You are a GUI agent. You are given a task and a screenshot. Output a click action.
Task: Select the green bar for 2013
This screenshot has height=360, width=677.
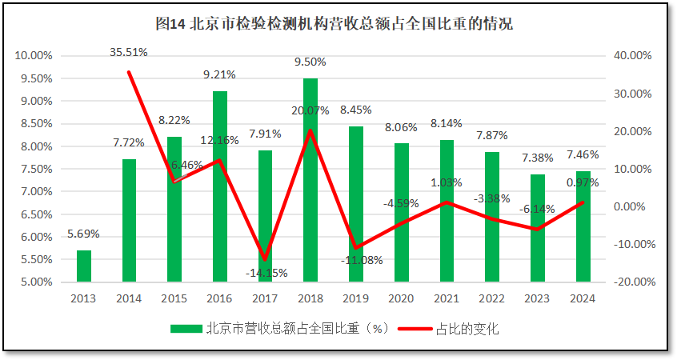(x=83, y=266)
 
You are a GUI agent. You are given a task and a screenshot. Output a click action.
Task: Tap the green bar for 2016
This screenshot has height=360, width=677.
(x=219, y=186)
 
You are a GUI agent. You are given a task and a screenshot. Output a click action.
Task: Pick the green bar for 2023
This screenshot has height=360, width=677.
(x=537, y=228)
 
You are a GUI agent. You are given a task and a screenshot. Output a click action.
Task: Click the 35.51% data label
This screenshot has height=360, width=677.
(x=129, y=52)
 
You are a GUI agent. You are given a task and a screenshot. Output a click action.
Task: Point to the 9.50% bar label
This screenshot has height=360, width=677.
(x=310, y=62)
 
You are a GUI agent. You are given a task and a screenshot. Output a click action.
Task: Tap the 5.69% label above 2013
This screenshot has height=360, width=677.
(x=83, y=234)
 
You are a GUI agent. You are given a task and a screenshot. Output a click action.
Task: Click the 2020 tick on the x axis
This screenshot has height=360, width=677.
(x=400, y=298)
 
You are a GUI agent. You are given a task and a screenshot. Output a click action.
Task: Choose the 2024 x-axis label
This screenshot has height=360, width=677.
(x=582, y=298)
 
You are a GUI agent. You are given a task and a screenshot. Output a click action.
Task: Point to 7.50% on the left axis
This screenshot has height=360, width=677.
(x=34, y=169)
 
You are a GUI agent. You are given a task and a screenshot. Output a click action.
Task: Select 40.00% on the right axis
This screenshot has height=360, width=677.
(x=633, y=56)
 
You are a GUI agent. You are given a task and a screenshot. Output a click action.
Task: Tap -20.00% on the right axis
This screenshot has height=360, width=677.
(x=633, y=282)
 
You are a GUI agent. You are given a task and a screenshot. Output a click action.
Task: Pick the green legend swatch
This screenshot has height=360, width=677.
(x=186, y=329)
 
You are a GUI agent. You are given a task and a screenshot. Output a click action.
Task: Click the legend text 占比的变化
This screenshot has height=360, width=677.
(x=467, y=329)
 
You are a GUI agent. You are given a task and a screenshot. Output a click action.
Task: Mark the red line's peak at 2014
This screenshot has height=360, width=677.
(x=129, y=73)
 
